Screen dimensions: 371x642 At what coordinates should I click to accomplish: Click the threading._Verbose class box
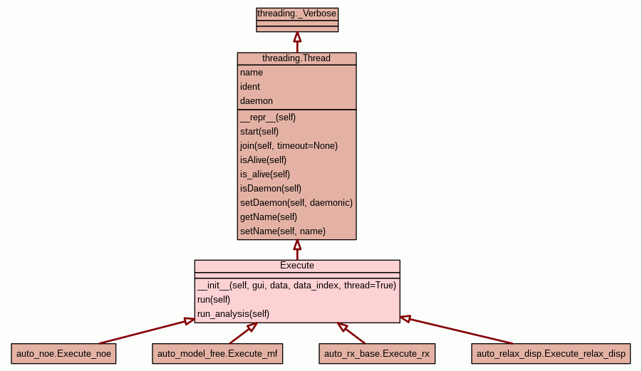tap(297, 13)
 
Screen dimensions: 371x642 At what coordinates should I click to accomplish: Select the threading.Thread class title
tap(296, 58)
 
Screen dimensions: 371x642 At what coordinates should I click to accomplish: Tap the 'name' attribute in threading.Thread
tap(252, 73)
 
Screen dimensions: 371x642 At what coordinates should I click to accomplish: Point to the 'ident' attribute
tap(250, 87)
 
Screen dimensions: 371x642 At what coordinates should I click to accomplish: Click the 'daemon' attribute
tap(257, 101)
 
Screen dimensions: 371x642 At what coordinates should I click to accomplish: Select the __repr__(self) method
tap(268, 117)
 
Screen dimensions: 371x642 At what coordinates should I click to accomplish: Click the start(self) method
tap(259, 131)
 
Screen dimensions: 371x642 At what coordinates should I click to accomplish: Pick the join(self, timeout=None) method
tap(289, 145)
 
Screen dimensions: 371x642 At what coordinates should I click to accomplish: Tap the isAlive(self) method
tap(264, 160)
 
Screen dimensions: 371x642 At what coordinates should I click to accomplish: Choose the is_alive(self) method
tap(265, 174)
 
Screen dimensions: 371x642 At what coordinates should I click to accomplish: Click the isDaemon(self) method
tap(271, 188)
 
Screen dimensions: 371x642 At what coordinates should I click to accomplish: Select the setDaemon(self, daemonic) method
tap(296, 202)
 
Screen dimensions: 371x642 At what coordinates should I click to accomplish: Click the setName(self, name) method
tap(283, 231)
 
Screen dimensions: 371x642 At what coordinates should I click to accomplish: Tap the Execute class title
tap(297, 266)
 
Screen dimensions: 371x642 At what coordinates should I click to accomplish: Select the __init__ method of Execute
tap(296, 285)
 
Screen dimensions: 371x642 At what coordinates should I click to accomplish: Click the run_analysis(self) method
tap(234, 313)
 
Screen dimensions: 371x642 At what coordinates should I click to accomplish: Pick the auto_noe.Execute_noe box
tap(63, 353)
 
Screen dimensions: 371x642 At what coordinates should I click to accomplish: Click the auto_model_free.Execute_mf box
tap(217, 353)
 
